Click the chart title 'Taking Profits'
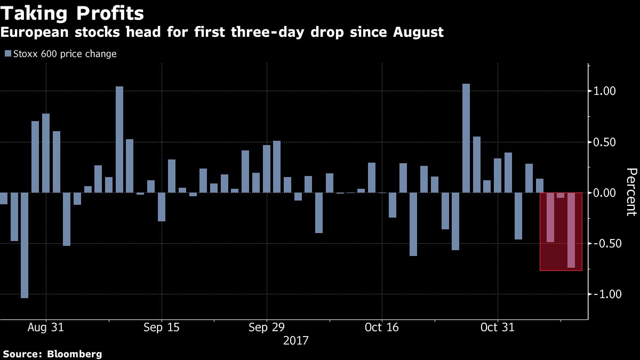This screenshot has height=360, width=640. click(x=72, y=13)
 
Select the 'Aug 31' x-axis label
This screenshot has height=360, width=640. click(x=46, y=327)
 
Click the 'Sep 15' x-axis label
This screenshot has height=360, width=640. click(x=161, y=327)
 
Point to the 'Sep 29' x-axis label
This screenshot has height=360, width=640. click(x=266, y=327)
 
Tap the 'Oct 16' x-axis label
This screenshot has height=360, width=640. click(x=382, y=327)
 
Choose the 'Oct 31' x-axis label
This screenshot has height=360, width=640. click(x=497, y=327)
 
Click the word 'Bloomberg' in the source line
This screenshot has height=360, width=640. click(x=75, y=354)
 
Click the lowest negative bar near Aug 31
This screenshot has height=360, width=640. click(x=25, y=245)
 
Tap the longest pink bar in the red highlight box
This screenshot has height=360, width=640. click(x=571, y=230)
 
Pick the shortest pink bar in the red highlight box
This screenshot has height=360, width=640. click(x=561, y=195)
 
